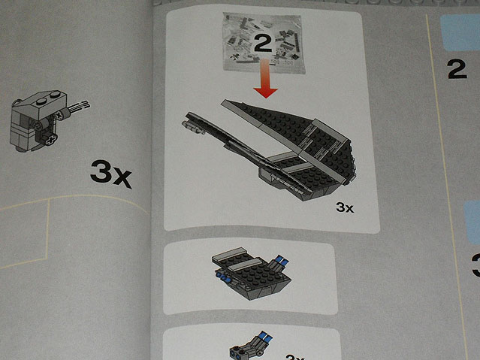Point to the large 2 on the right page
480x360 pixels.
[457, 68]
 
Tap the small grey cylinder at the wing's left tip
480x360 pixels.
[194, 130]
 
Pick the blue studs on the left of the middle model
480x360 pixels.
[224, 278]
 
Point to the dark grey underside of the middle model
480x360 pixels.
[255, 287]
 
